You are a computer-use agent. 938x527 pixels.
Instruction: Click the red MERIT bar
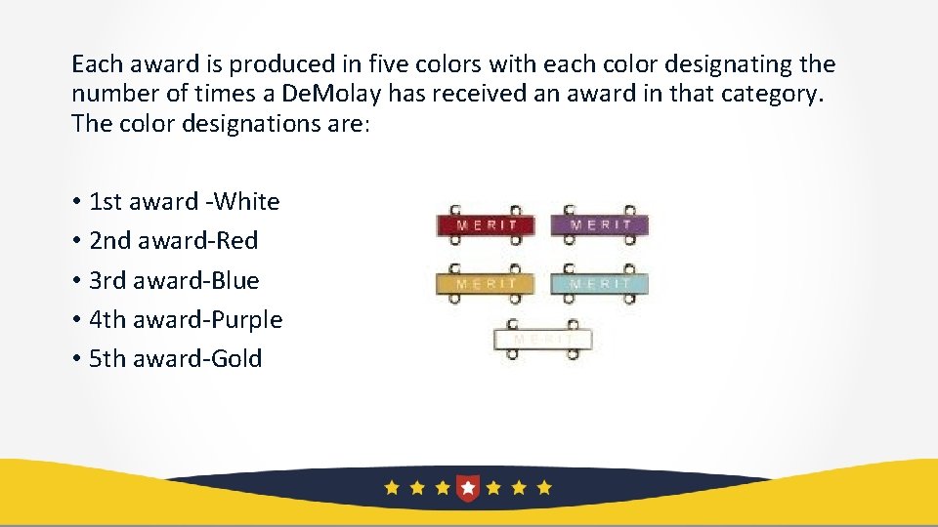tap(486, 225)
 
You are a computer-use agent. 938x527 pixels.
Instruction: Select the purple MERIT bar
tap(599, 225)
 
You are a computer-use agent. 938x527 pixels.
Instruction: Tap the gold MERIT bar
tap(486, 284)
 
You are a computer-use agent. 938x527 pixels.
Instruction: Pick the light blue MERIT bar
tap(599, 284)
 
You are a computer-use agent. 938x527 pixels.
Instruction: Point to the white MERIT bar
tap(543, 340)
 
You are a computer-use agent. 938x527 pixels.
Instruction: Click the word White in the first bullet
tap(246, 202)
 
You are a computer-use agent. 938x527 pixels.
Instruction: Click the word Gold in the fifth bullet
tap(240, 358)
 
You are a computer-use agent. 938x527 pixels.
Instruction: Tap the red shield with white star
tap(469, 486)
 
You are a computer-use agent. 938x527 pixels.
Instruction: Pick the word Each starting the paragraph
tap(95, 65)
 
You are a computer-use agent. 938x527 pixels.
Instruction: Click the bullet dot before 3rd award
tap(75, 281)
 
